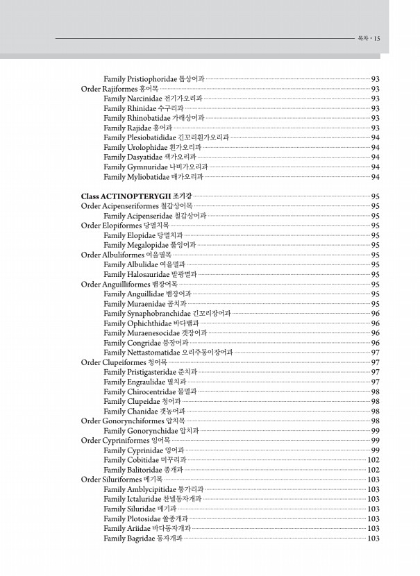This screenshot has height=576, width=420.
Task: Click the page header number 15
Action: pyautogui.click(x=376, y=39)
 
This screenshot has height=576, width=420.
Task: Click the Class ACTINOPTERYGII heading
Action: pyautogui.click(x=136, y=196)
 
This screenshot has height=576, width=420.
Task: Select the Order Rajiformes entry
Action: pyautogui.click(x=119, y=89)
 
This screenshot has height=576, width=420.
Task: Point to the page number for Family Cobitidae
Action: pyautogui.click(x=373, y=460)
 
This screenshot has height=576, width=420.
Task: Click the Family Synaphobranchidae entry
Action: pyautogui.click(x=167, y=314)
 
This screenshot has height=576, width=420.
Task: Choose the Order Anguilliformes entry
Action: pyautogui.click(x=129, y=285)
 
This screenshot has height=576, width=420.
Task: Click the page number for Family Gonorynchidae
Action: pyautogui.click(x=376, y=431)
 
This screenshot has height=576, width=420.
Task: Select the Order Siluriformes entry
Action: pyautogui.click(x=121, y=480)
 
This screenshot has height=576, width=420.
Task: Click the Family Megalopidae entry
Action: pyautogui.click(x=149, y=245)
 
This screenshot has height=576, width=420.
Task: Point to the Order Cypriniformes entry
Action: pyautogui.click(x=126, y=441)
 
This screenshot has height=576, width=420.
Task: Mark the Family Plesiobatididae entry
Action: pyautogui.click(x=166, y=137)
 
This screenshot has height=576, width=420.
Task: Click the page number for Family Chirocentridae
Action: pyautogui.click(x=376, y=391)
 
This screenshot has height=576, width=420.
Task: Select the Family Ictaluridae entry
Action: pyautogui.click(x=152, y=499)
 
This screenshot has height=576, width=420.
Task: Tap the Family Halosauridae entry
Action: pyautogui.click(x=150, y=274)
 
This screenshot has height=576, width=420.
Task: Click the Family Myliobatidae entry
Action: pyautogui.click(x=153, y=177)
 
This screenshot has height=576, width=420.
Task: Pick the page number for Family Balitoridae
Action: pyautogui.click(x=373, y=470)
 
